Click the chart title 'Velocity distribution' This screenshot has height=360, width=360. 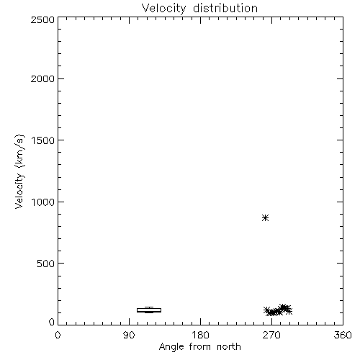[x=199, y=8]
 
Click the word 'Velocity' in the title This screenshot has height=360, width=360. [x=163, y=9]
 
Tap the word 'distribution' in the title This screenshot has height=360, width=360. [x=225, y=8]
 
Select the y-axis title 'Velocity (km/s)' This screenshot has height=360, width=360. [x=19, y=171]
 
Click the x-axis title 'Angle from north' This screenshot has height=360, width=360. [x=200, y=347]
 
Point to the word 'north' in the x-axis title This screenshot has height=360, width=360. [x=229, y=346]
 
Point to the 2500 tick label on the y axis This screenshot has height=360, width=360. [x=42, y=19]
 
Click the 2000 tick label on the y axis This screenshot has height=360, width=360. [x=42, y=78]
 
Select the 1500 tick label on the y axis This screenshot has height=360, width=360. [x=43, y=140]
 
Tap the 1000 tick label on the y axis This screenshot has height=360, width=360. [x=43, y=202]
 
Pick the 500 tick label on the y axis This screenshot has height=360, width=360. [x=46, y=264]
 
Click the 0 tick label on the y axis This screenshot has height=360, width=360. [x=52, y=322]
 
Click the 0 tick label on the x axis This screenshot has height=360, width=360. [x=58, y=335]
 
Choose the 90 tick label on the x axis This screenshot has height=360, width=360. [x=129, y=335]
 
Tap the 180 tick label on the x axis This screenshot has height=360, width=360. [x=200, y=335]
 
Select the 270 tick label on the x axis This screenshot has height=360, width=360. [x=271, y=335]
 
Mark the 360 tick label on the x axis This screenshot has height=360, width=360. [x=343, y=335]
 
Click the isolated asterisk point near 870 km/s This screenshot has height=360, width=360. [x=265, y=218]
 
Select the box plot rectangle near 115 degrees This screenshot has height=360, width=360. [x=149, y=308]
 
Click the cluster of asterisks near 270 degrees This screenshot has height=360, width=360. [x=278, y=310]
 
